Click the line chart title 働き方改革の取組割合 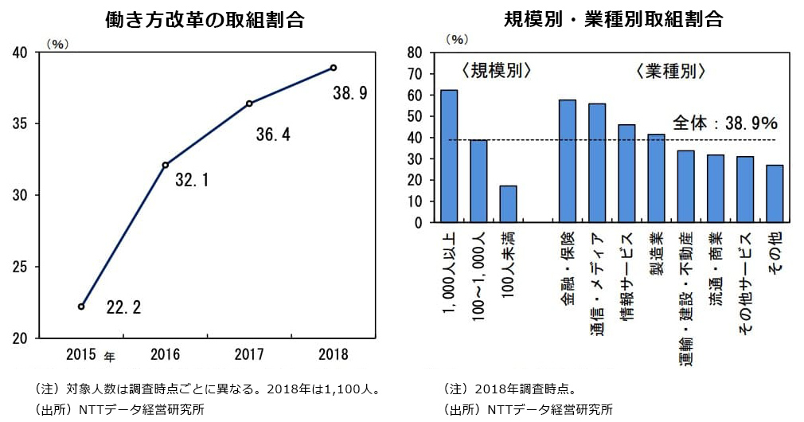tap(205, 20)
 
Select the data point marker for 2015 tap(81, 307)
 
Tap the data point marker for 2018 tap(334, 68)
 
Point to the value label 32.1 tap(191, 181)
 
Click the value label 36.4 tap(272, 135)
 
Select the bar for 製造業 tap(656, 178)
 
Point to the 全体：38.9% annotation tap(724, 123)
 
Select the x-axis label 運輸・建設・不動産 tap(685, 289)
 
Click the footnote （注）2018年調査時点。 tap(510, 389)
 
